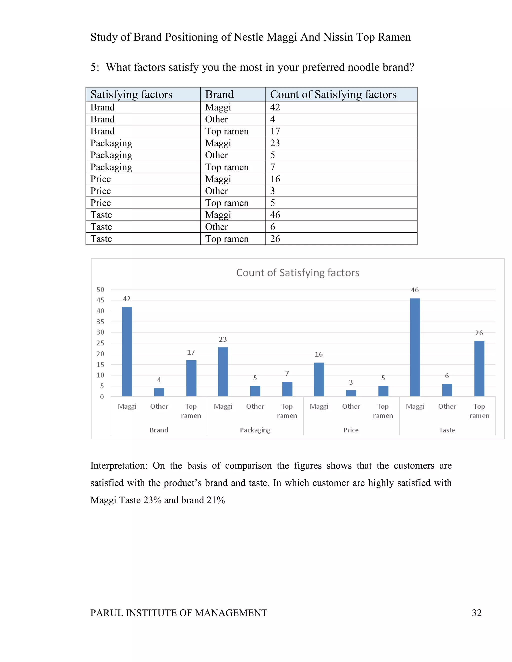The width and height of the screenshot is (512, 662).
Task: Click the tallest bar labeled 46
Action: click(x=415, y=347)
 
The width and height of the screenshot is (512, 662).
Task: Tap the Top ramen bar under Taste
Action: click(x=479, y=368)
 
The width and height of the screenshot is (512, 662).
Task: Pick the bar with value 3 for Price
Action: click(x=351, y=393)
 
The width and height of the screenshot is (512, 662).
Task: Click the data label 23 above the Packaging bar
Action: click(x=223, y=339)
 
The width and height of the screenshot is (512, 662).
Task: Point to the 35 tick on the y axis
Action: click(x=100, y=322)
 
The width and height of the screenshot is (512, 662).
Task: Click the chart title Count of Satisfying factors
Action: click(x=297, y=273)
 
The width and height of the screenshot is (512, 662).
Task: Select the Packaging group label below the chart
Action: click(x=255, y=430)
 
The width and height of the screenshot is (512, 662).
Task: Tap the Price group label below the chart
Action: click(x=351, y=430)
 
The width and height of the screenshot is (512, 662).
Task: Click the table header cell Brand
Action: click(x=219, y=94)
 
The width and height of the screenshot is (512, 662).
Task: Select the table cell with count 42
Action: click(x=275, y=107)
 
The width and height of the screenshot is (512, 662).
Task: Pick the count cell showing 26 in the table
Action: click(x=275, y=239)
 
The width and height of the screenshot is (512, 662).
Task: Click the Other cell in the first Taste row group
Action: click(x=216, y=227)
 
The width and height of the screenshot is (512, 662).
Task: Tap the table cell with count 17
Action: click(x=275, y=131)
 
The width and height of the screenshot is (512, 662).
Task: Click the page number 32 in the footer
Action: click(x=476, y=613)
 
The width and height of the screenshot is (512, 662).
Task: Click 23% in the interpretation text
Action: click(x=152, y=500)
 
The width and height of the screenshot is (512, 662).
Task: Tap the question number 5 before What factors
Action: click(x=94, y=67)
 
